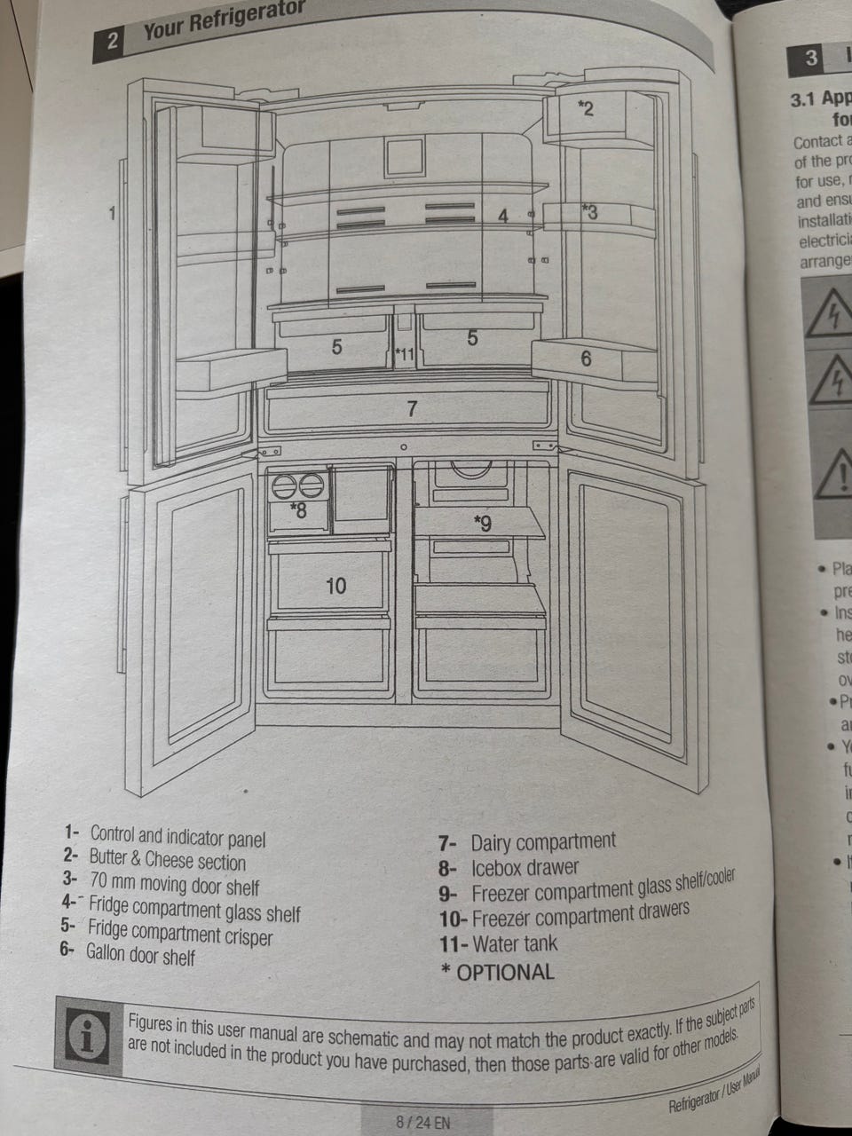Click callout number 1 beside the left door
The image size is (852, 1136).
click(x=112, y=213)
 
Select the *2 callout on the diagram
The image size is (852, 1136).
click(x=585, y=109)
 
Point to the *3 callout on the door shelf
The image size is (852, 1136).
click(x=589, y=212)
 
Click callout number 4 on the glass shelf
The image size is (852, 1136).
click(x=502, y=216)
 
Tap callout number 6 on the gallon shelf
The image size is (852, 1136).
click(x=586, y=359)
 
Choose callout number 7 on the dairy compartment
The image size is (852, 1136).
click(x=411, y=409)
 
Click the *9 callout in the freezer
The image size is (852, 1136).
click(x=482, y=525)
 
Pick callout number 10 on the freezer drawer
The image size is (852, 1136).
click(x=335, y=586)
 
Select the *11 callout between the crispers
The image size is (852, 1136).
click(x=404, y=355)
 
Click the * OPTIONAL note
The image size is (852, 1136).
click(x=498, y=972)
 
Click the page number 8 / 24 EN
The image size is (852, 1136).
click(x=422, y=1122)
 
